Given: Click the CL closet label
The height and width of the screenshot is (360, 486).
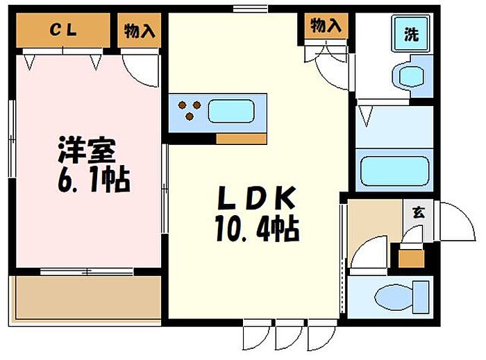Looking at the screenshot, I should click(x=62, y=30).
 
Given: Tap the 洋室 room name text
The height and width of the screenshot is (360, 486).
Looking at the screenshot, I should click(x=86, y=150).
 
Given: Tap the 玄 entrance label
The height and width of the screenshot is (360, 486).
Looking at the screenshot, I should click(x=418, y=212).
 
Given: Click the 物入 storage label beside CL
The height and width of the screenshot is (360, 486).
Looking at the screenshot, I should click(x=139, y=31).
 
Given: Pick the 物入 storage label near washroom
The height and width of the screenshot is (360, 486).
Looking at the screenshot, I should click(x=325, y=26).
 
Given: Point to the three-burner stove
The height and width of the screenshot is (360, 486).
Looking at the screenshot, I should click(x=189, y=109).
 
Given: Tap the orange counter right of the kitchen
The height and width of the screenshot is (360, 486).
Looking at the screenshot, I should click(x=241, y=137).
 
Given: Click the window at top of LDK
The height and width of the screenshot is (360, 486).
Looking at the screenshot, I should click(x=250, y=8).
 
